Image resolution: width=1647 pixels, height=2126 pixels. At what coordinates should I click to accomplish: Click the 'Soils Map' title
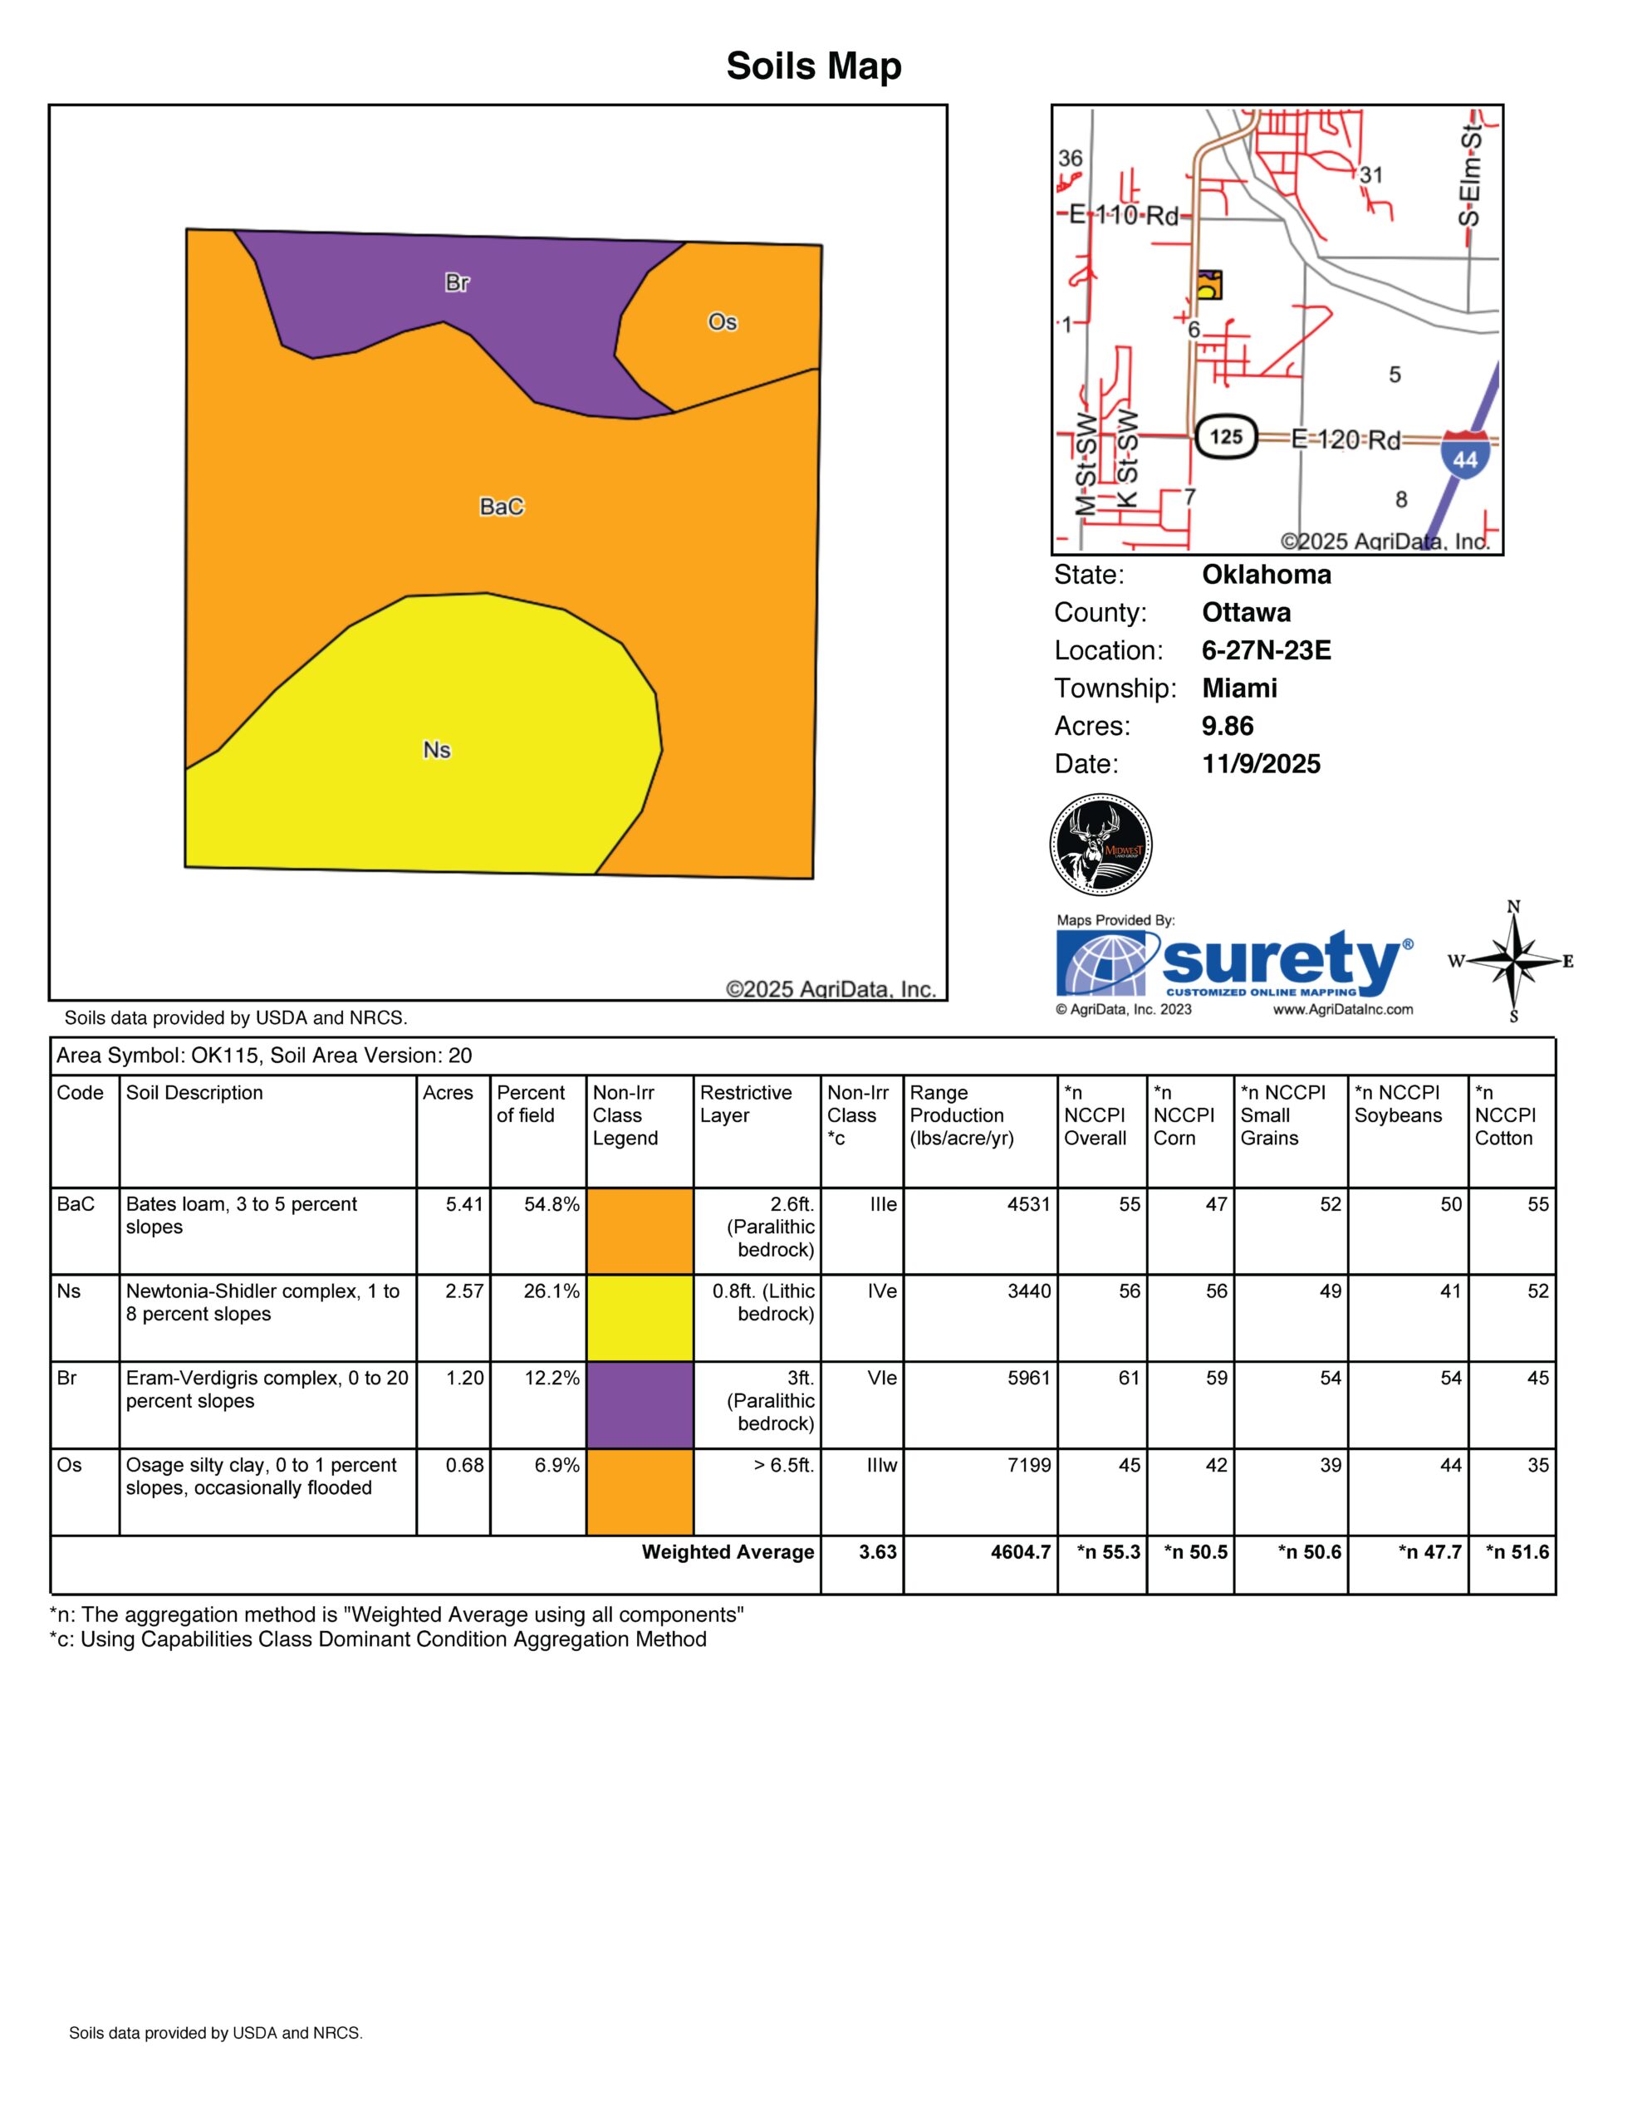(x=814, y=66)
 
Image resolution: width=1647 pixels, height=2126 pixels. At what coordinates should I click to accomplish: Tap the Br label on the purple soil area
(x=457, y=283)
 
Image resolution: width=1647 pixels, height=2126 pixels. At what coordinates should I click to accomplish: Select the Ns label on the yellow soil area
(x=436, y=751)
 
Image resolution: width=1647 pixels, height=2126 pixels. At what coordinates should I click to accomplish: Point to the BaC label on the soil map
(x=502, y=507)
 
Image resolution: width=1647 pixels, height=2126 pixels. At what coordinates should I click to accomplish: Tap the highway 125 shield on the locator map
(x=1226, y=436)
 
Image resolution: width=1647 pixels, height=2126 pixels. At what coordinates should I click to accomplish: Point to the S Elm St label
(x=1469, y=175)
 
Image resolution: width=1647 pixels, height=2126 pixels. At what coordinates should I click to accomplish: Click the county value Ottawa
(x=1246, y=612)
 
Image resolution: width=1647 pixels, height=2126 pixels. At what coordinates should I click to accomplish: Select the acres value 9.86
(x=1228, y=726)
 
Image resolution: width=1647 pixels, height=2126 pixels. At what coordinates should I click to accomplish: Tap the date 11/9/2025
(x=1261, y=764)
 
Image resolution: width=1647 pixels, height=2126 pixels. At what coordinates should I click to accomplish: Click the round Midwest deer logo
(x=1101, y=844)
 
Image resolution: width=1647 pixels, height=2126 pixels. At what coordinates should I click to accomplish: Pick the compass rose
(x=1513, y=962)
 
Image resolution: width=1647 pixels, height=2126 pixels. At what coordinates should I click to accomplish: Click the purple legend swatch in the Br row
(x=640, y=1404)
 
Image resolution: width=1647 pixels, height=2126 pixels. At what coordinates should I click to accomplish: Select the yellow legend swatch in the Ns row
(x=640, y=1317)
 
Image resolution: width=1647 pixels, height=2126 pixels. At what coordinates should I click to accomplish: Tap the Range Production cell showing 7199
(x=1029, y=1465)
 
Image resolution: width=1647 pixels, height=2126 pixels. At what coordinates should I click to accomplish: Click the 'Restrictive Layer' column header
(x=746, y=1104)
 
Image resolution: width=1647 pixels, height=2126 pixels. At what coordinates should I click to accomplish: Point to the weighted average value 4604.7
(x=1020, y=1551)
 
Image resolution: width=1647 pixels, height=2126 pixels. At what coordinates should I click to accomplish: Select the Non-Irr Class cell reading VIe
(x=883, y=1379)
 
